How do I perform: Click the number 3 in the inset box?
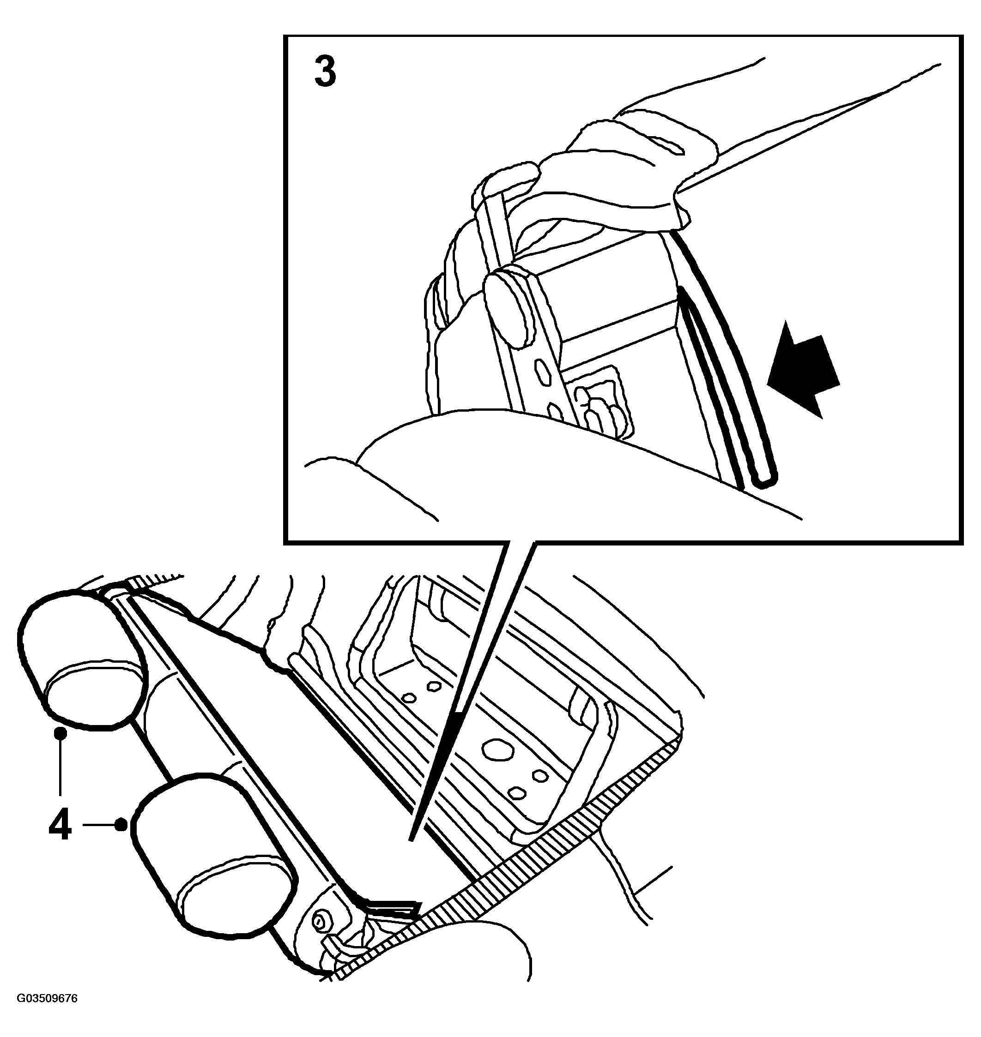pos(325,72)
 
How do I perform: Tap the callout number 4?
pos(60,826)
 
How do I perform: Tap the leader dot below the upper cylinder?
pos(61,733)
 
